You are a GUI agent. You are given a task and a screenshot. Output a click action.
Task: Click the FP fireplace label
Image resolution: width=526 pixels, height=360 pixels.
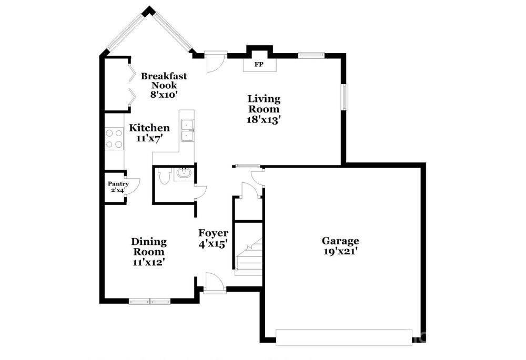pyautogui.click(x=259, y=64)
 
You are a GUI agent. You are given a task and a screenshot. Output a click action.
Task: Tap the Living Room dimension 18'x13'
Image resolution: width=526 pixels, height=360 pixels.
pyautogui.click(x=264, y=120)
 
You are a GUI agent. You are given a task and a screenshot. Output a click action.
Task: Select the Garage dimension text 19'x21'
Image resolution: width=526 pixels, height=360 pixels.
pyautogui.click(x=340, y=251)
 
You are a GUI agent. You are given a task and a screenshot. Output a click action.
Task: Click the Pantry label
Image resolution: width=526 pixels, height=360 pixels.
pyautogui.click(x=118, y=184)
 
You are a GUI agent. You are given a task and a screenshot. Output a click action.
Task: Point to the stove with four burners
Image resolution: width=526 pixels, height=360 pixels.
pyautogui.click(x=114, y=139)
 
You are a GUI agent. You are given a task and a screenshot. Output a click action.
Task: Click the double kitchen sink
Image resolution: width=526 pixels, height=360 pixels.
pyautogui.click(x=187, y=130)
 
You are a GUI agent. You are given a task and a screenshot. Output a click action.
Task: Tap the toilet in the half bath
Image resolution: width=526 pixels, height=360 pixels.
pyautogui.click(x=164, y=176)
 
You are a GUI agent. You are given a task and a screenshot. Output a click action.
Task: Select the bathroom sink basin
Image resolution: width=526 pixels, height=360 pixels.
pyautogui.click(x=184, y=174)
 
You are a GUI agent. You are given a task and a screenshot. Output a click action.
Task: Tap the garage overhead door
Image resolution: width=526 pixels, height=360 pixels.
pyautogui.click(x=344, y=337)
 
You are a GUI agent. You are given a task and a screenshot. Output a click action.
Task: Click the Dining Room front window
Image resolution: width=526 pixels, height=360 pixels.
pyautogui.click(x=149, y=301)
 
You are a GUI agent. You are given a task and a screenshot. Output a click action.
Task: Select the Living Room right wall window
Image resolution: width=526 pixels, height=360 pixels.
pyautogui.click(x=344, y=97)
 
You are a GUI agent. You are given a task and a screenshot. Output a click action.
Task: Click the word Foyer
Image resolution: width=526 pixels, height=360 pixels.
pyautogui.click(x=213, y=233)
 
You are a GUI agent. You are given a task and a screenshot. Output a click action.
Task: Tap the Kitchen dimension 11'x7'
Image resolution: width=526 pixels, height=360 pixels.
pyautogui.click(x=149, y=138)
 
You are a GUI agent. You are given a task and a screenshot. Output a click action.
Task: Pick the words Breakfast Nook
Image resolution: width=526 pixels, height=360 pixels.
pyautogui.click(x=164, y=80)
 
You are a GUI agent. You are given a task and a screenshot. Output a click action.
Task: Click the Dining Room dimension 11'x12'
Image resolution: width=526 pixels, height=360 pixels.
pyautogui.click(x=149, y=262)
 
